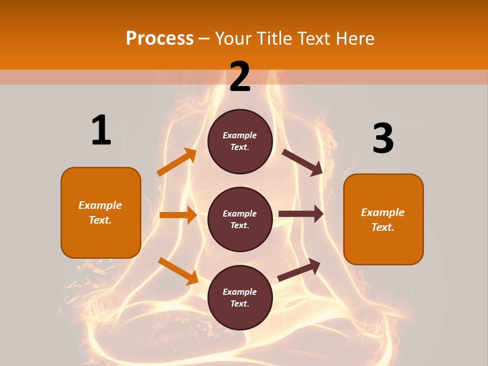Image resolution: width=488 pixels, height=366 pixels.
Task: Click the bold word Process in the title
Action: click(x=160, y=38)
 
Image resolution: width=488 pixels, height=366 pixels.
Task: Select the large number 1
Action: click(x=101, y=130)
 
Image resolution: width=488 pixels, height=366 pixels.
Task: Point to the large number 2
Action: click(x=240, y=77)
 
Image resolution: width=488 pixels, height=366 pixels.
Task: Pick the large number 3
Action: click(x=383, y=139)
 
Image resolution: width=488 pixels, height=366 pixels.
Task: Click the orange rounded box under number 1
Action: click(x=101, y=212)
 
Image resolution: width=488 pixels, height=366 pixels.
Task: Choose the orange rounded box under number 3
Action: click(x=383, y=219)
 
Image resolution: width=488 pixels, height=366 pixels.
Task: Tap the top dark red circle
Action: click(x=240, y=141)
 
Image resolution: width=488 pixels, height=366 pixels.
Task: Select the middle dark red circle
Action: click(x=240, y=219)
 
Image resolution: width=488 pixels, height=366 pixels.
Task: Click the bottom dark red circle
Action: click(x=240, y=297)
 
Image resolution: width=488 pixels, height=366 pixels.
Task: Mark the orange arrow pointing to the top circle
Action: click(x=176, y=162)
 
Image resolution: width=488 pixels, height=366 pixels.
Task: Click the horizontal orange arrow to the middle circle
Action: click(x=178, y=215)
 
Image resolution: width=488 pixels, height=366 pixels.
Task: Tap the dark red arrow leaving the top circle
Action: click(x=302, y=162)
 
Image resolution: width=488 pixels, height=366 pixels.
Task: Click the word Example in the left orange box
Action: click(x=100, y=205)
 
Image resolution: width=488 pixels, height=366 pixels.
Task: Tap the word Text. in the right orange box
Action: click(x=383, y=227)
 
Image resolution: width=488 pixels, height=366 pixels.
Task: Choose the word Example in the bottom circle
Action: click(x=240, y=292)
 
